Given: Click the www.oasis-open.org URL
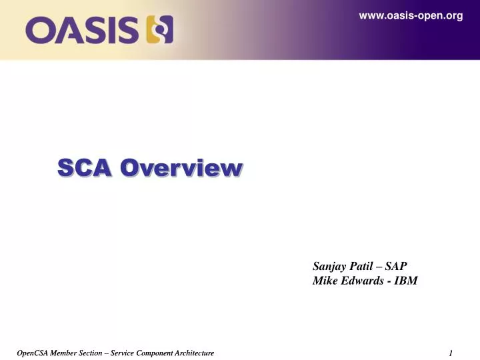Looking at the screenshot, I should point(411,16).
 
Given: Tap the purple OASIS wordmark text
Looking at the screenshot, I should point(83,30).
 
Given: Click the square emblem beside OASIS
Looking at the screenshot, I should point(160,30).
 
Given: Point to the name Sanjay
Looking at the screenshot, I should point(329,266).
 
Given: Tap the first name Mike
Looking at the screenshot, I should point(325,281).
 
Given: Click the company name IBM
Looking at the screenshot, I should point(407,281).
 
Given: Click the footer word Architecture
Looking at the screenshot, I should point(197,353).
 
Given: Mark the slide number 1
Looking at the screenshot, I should point(451,353).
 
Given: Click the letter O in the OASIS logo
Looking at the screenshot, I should point(41,30).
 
